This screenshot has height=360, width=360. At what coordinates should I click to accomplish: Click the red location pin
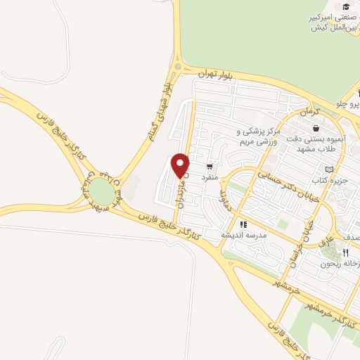[x=181, y=165]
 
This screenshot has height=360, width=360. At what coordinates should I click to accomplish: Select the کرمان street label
[x=309, y=112]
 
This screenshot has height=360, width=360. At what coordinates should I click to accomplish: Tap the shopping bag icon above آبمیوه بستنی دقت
[x=316, y=128]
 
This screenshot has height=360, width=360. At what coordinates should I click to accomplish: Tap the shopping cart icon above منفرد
[x=210, y=167]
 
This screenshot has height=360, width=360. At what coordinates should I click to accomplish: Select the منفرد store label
[x=210, y=178]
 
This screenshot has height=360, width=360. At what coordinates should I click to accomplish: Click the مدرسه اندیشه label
[x=245, y=235]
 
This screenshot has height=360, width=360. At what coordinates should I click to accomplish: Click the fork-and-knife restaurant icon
[x=345, y=253]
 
